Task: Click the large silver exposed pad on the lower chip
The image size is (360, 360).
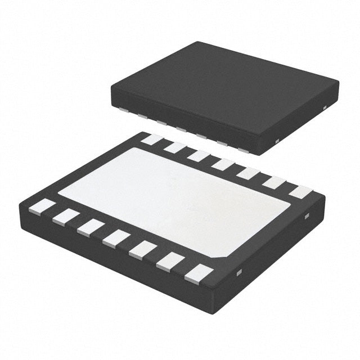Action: click(174, 197)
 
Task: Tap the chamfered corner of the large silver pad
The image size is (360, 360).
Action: click(221, 255)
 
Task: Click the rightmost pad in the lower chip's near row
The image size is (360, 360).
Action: click(199, 274)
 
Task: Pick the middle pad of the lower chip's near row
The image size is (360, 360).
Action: click(116, 238)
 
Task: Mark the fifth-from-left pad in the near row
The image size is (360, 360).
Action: click(142, 249)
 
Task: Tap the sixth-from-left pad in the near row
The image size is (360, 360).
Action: click(169, 261)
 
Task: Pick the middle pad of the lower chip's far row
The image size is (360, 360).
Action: click(223, 164)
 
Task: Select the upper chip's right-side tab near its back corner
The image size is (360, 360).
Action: click(325, 106)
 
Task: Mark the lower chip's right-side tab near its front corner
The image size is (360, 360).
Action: click(238, 273)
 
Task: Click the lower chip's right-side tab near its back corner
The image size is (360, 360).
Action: click(307, 217)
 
